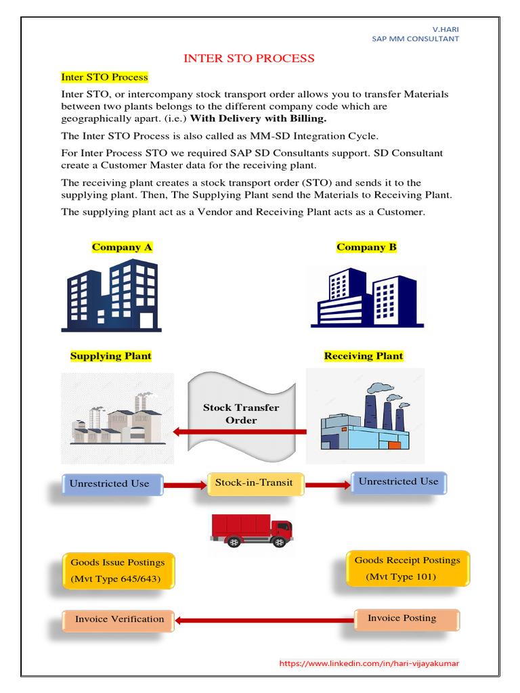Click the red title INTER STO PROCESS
[249, 58]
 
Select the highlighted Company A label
[122, 247]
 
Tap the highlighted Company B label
[366, 247]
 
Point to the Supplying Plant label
[111, 356]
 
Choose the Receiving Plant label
[364, 356]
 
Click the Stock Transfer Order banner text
[241, 413]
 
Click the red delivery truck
[251, 530]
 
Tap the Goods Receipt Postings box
[407, 568]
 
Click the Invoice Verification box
[119, 619]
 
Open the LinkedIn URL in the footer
[369, 663]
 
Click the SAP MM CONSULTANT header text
[415, 39]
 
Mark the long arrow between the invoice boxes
[264, 619]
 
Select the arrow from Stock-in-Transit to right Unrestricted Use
[328, 485]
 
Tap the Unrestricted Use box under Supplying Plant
[109, 484]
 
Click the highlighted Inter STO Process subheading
[104, 77]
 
